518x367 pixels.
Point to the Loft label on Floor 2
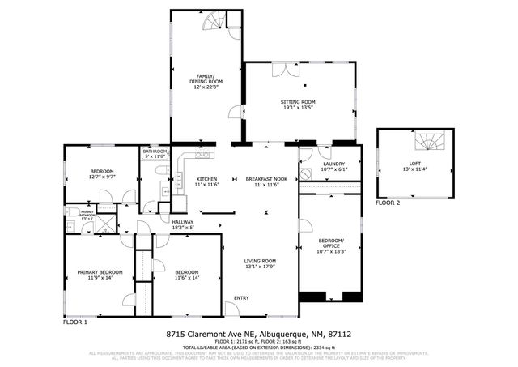[414, 166]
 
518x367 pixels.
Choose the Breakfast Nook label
[267, 181]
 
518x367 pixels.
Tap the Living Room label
[261, 264]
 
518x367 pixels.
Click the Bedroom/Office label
[329, 245]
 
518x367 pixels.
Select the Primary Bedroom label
[100, 275]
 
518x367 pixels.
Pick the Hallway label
[183, 224]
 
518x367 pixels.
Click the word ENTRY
[241, 298]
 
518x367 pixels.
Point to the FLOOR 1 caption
[74, 322]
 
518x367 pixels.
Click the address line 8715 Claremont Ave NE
[258, 334]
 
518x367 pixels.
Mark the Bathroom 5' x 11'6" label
[155, 153]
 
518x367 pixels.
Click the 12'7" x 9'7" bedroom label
[101, 174]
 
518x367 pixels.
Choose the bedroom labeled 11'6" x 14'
[186, 275]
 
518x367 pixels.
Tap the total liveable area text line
[258, 347]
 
